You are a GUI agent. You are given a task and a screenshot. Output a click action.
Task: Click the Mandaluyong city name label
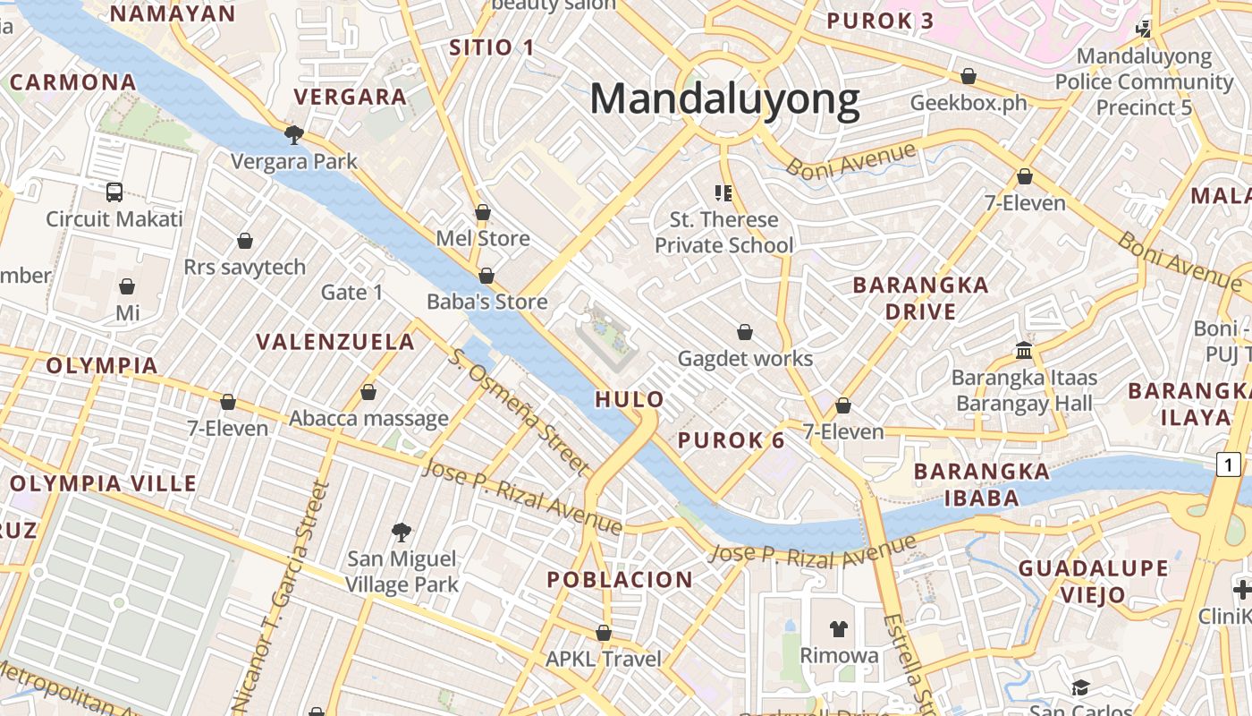click(x=724, y=98)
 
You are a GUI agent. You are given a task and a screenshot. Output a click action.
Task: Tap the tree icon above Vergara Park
click(x=293, y=135)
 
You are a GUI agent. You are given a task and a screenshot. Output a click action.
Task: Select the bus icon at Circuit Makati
click(x=114, y=192)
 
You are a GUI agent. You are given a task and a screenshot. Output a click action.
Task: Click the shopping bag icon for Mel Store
click(x=483, y=212)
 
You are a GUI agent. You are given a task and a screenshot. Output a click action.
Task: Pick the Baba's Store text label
click(x=486, y=302)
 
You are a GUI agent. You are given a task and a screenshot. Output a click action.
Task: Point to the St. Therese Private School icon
click(x=723, y=192)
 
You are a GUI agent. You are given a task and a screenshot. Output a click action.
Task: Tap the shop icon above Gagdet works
click(x=745, y=332)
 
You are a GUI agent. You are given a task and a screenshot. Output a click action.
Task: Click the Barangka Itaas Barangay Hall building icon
click(x=1024, y=350)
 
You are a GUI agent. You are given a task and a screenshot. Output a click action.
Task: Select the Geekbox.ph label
click(x=969, y=103)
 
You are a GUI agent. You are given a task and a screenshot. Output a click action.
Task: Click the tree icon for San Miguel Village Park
click(x=402, y=533)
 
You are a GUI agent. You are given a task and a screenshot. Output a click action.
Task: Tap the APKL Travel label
click(x=604, y=660)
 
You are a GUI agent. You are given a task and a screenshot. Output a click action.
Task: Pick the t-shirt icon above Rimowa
click(x=838, y=629)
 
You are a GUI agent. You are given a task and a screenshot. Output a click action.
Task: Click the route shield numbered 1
click(x=1229, y=465)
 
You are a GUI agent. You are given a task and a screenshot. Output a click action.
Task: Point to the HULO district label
click(x=630, y=399)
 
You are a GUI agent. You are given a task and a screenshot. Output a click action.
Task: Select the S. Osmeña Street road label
click(x=520, y=412)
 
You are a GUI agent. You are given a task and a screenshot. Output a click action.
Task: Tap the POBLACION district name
click(x=620, y=579)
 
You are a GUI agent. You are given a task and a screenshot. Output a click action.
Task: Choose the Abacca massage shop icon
click(x=368, y=392)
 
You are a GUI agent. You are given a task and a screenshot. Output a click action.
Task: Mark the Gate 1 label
click(x=351, y=293)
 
